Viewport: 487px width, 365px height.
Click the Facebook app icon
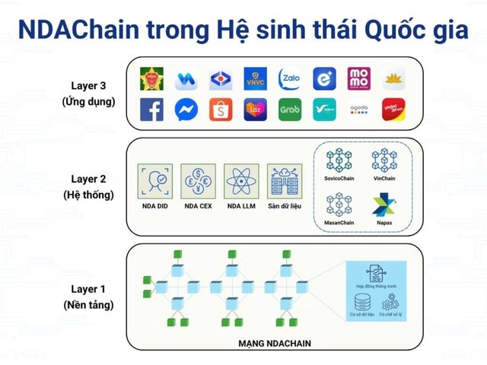[x=152, y=110]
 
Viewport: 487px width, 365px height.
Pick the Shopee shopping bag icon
[x=221, y=110]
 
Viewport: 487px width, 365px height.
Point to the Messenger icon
[x=187, y=110]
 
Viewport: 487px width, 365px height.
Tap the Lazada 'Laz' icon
[x=256, y=110]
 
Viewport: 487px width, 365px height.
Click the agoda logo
[x=358, y=110]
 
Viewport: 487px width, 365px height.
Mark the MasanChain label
[x=339, y=222]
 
